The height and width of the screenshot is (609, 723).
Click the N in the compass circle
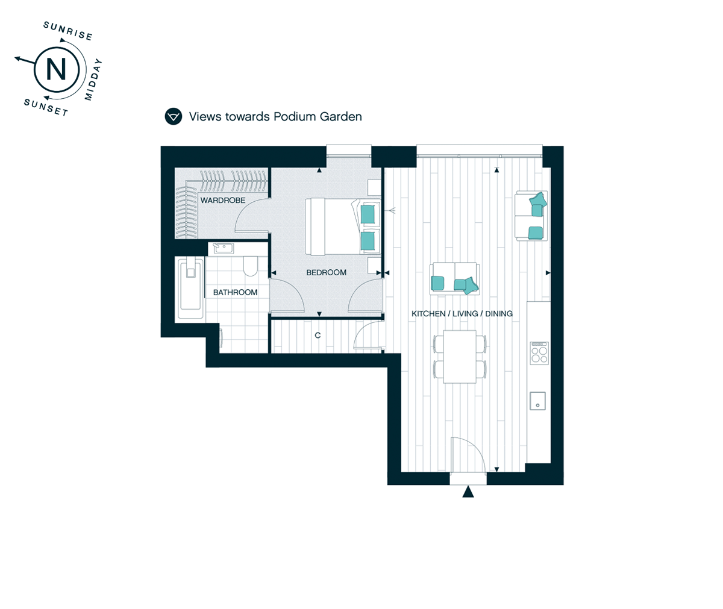point(57,70)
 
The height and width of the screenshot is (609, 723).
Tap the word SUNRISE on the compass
point(68,31)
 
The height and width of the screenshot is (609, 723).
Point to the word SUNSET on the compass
point(46,107)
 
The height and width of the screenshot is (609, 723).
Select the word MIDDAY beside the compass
point(93,80)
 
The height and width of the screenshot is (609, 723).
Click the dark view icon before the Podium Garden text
point(173,117)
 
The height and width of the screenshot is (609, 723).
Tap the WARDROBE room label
point(223,200)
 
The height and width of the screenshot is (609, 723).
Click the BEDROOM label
point(326,272)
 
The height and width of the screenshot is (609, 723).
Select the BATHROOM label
point(235,293)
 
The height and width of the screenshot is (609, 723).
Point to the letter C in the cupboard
point(318,335)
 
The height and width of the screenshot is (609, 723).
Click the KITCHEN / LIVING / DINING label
point(462,314)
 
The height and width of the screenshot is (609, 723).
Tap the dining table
point(460,357)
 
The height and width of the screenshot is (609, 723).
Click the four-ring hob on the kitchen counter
point(539,353)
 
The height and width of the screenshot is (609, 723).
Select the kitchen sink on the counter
point(538,401)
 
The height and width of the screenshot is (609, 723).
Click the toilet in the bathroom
point(251,266)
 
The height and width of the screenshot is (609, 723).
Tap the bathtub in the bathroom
point(190,288)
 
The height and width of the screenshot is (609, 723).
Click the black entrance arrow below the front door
point(468,492)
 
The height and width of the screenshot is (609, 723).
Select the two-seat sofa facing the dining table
point(455,279)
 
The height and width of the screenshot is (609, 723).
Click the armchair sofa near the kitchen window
point(531,215)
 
